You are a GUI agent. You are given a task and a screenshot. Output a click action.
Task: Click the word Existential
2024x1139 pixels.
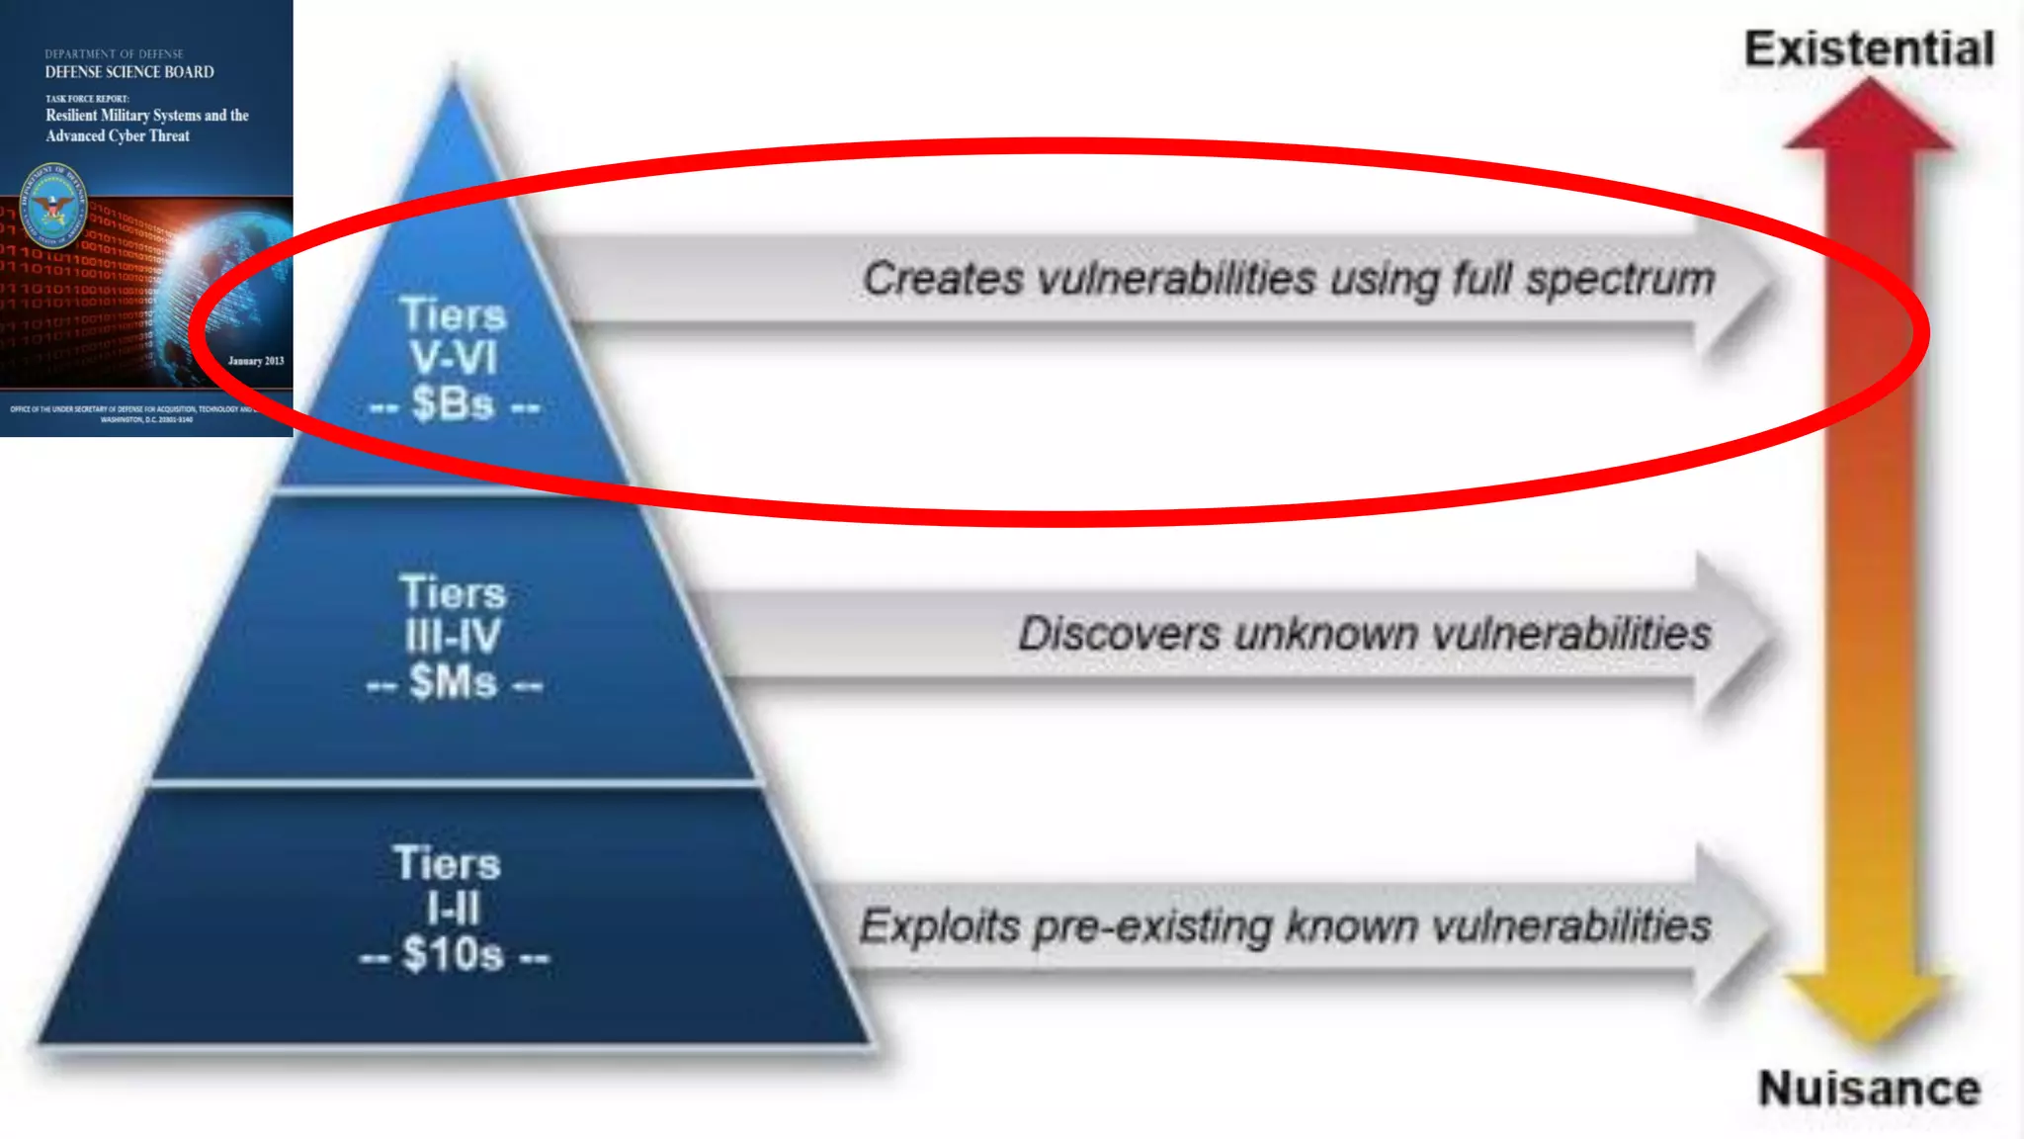tap(1868, 49)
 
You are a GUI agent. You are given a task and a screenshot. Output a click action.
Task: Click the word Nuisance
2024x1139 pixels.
tap(1869, 1089)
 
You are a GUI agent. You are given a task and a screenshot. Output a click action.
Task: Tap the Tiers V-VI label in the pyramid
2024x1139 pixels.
tap(454, 336)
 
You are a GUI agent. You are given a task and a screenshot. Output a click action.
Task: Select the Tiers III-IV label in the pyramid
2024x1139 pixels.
tap(453, 614)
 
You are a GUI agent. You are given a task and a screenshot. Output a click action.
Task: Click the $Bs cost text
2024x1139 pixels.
tap(454, 403)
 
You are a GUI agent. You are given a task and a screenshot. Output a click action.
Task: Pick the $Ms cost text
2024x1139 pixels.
tap(454, 682)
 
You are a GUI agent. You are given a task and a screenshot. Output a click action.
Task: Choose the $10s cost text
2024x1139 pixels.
tap(454, 955)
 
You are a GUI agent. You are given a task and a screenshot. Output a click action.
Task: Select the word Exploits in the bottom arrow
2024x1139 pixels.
tap(939, 926)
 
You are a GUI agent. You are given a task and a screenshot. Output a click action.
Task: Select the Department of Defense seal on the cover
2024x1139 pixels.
tap(54, 207)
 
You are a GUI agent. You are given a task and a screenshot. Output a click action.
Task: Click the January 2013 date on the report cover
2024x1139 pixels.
tap(256, 361)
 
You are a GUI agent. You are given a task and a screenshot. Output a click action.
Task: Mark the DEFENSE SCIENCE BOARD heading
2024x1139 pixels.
tap(129, 72)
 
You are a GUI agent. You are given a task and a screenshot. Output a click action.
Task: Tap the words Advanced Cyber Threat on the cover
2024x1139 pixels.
tap(118, 136)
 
